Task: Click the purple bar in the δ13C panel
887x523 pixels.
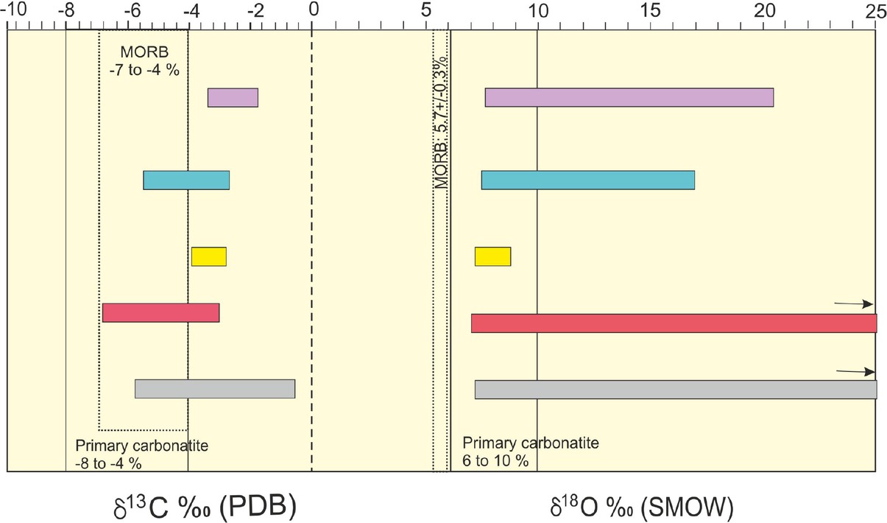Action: [233, 98]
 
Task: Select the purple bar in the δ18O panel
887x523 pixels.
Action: [629, 98]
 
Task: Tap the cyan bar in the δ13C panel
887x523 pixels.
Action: [186, 180]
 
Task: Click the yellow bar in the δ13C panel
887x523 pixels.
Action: [208, 256]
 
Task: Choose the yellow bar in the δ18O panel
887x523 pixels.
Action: [492, 256]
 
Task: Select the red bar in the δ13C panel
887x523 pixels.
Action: [160, 312]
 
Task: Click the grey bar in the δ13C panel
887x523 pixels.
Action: [214, 389]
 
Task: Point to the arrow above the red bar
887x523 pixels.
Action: [854, 303]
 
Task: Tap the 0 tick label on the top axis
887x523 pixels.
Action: [313, 10]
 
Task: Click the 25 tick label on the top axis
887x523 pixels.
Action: [874, 10]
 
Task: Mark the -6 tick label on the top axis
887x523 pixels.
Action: [132, 10]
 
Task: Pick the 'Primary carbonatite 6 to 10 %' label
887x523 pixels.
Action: [530, 452]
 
